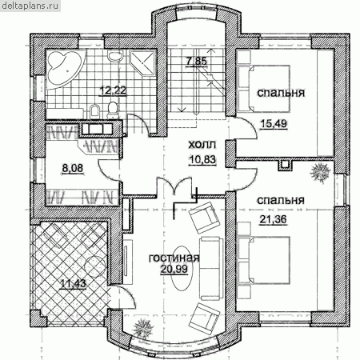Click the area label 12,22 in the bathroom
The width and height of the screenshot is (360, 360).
click(x=113, y=90)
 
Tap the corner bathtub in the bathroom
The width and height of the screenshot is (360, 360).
click(x=66, y=68)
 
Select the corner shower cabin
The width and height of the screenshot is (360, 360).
click(x=143, y=63)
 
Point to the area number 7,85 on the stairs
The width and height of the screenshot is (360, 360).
click(x=196, y=62)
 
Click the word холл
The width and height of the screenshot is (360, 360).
click(x=202, y=145)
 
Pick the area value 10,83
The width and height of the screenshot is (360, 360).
click(x=202, y=160)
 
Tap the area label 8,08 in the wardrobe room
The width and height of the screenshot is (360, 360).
click(x=72, y=169)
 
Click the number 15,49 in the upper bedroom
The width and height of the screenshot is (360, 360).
click(x=274, y=123)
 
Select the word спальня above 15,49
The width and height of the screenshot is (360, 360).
click(x=281, y=93)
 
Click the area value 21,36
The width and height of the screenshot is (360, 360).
click(x=274, y=219)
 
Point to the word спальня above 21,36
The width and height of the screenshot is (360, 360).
click(x=281, y=200)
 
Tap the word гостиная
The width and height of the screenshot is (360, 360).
click(x=174, y=258)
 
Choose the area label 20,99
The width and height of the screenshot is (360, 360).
click(x=174, y=270)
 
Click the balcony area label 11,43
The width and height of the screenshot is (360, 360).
click(x=73, y=283)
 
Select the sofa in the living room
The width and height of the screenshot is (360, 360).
click(x=211, y=269)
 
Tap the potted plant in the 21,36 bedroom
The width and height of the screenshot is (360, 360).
click(x=320, y=173)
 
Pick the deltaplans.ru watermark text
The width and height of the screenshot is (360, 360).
click(x=30, y=6)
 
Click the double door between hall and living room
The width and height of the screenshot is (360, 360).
click(x=174, y=186)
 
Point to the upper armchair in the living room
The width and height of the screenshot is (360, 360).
click(x=204, y=218)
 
